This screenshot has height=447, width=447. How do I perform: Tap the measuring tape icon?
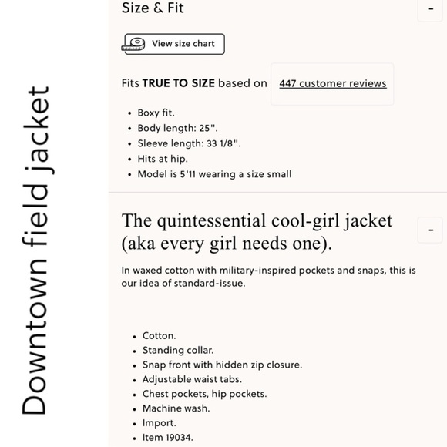click(136, 44)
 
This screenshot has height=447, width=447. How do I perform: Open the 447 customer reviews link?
click(333, 84)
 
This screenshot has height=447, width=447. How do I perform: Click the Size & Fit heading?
click(153, 8)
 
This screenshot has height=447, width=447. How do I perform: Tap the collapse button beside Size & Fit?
click(430, 10)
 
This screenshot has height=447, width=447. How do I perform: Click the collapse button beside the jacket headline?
click(430, 230)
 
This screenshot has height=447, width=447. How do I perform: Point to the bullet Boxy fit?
click(156, 113)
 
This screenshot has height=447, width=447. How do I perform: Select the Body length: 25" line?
click(177, 128)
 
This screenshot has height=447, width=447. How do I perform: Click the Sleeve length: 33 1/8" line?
click(189, 143)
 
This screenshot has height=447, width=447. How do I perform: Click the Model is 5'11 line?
click(214, 174)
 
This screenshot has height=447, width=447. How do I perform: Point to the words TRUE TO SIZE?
click(178, 83)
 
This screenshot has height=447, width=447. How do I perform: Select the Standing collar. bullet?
click(178, 350)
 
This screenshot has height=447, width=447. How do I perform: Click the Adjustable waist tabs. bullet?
click(192, 379)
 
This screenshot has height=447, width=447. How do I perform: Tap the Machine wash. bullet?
click(176, 408)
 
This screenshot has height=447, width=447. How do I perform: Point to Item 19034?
click(167, 438)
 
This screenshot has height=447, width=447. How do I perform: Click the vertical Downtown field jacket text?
click(35, 250)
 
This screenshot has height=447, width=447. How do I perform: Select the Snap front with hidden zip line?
click(222, 365)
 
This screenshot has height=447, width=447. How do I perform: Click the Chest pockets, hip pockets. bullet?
click(204, 394)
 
